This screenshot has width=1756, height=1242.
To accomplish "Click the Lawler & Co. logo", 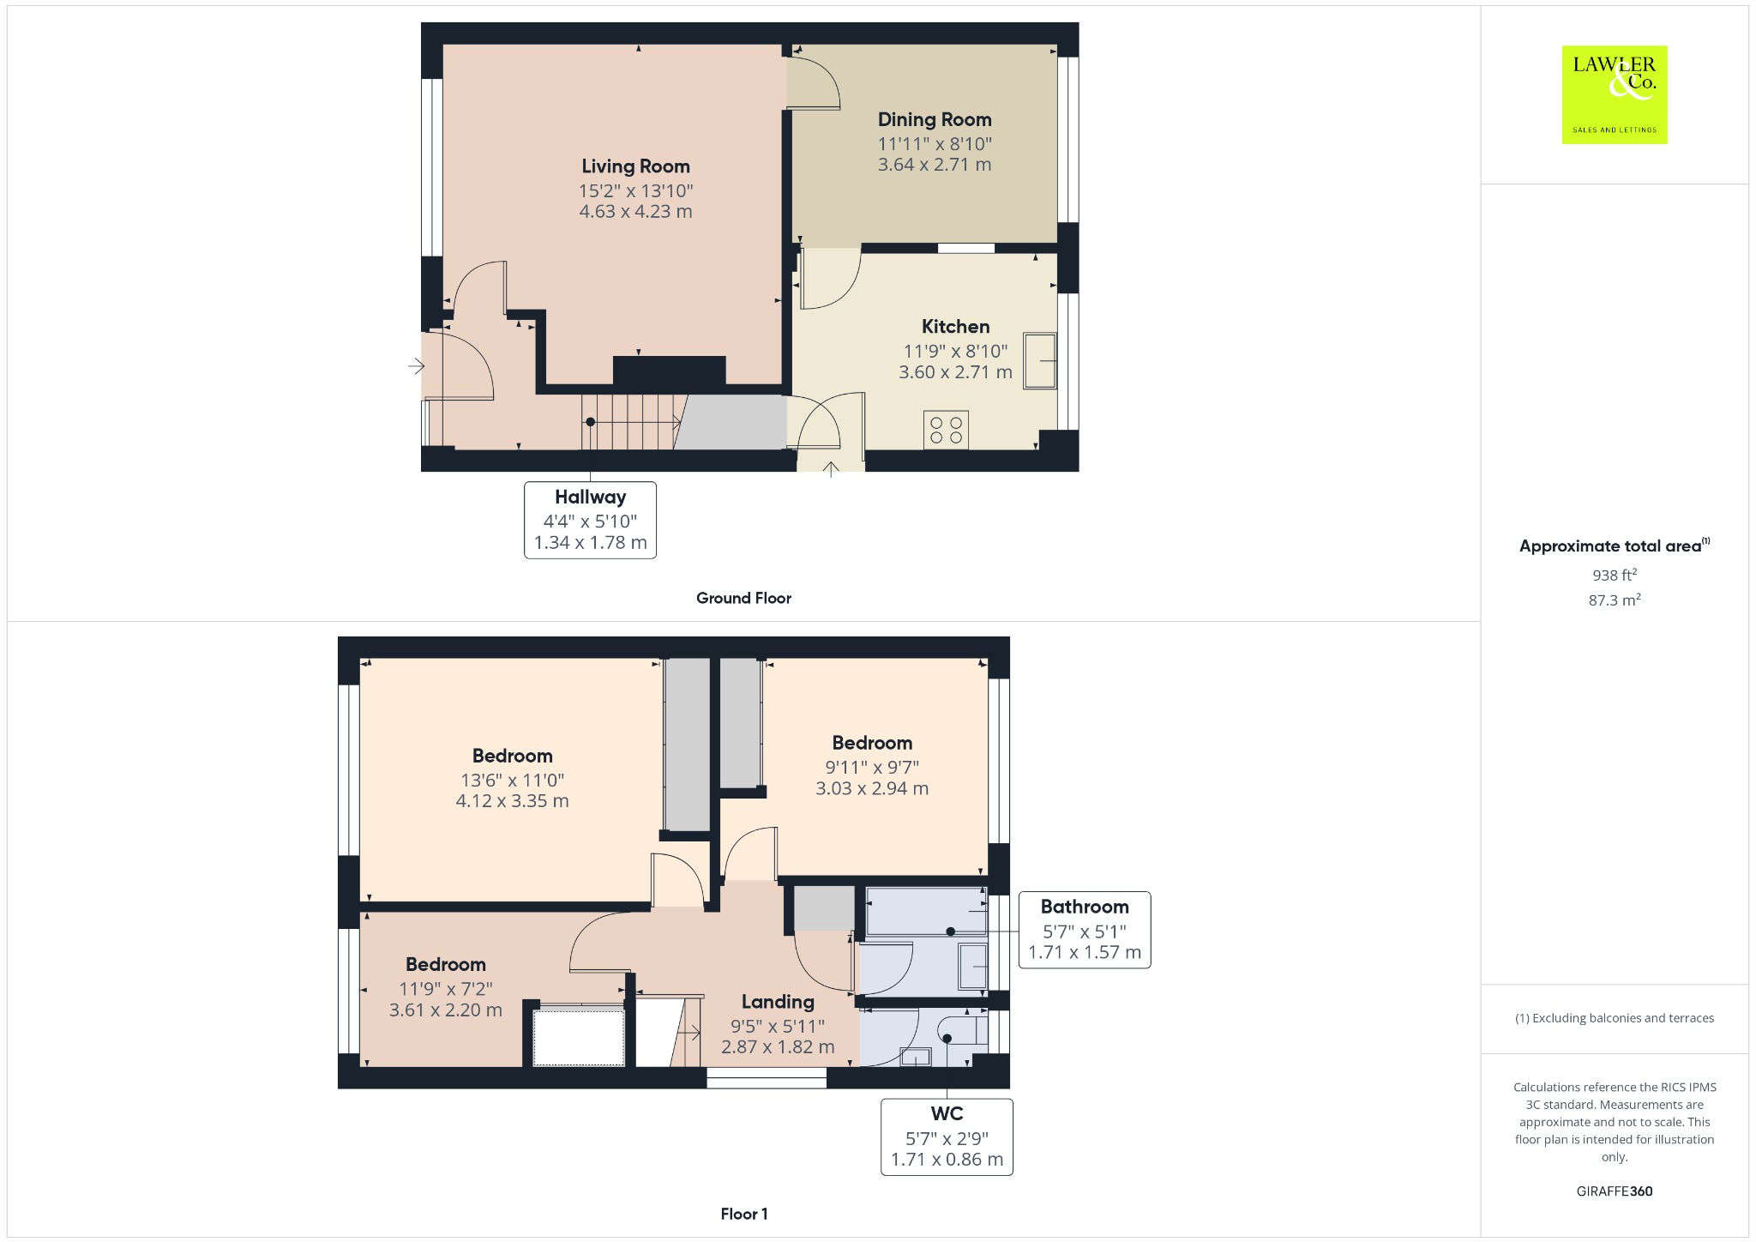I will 1614,94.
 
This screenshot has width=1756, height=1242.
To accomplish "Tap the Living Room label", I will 635,166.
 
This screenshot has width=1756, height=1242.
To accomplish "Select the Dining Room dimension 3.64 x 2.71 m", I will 934,165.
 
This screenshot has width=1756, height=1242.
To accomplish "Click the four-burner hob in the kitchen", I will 946,430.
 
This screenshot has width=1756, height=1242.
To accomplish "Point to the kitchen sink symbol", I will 1039,361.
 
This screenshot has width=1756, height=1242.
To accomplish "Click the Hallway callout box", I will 590,520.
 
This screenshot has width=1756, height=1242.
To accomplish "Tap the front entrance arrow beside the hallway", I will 416,367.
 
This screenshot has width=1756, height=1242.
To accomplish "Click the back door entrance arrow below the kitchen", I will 830,468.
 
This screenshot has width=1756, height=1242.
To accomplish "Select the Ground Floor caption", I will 743,599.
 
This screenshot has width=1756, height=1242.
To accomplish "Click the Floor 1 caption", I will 743,1214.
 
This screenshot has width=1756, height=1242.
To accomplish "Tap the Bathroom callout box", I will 1084,930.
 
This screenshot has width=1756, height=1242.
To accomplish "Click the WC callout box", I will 947,1136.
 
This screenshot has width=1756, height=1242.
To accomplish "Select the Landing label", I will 778,1002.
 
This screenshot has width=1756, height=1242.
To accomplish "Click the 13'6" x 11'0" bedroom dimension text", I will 512,781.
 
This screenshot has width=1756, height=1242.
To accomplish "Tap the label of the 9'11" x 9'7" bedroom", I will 872,744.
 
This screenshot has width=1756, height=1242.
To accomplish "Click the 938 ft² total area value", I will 1614,576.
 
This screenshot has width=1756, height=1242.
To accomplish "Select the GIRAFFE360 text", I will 1614,1191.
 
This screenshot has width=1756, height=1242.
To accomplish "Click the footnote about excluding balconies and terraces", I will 1614,1018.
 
